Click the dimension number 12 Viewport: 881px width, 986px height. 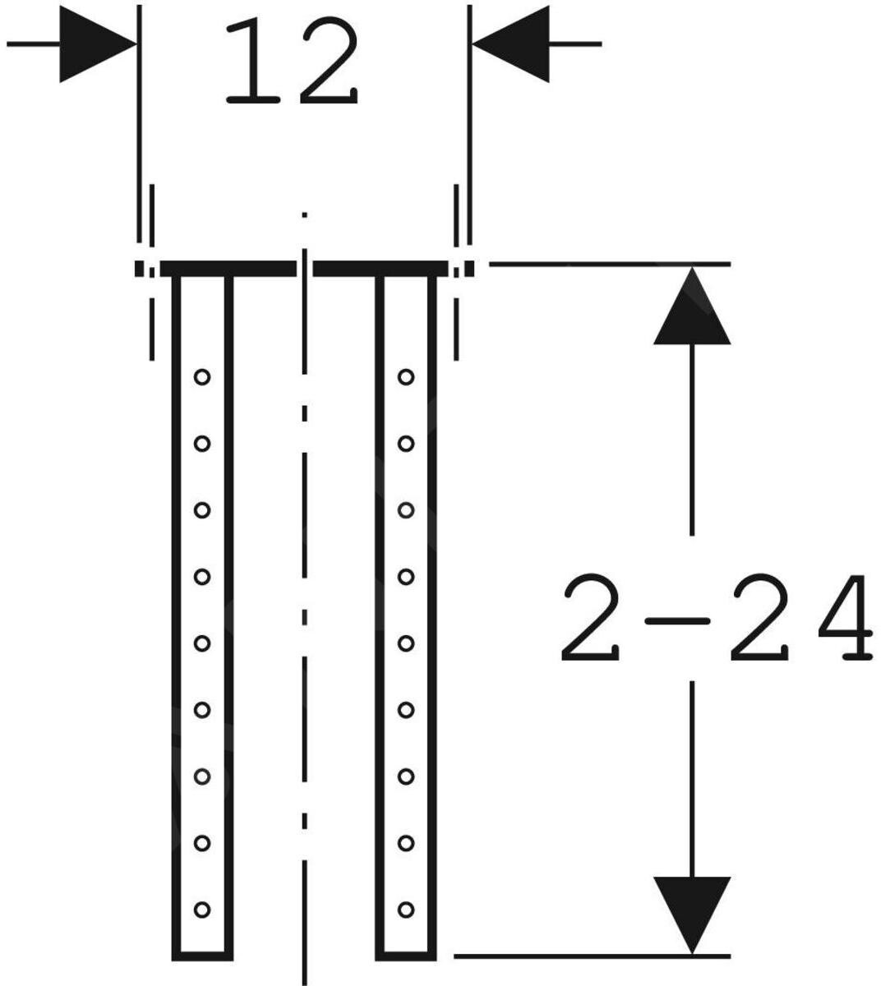point(292,64)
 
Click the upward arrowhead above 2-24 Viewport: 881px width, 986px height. point(692,307)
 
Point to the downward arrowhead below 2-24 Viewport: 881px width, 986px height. point(692,912)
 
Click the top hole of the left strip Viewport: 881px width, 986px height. point(202,377)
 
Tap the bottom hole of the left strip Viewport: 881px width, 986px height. point(202,910)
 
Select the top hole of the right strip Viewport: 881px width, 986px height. point(405,377)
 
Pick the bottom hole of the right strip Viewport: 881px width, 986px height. point(405,910)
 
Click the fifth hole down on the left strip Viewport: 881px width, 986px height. point(202,643)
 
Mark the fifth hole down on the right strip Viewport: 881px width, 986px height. point(405,643)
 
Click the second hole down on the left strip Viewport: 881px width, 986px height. point(202,444)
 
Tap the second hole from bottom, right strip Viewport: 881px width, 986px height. point(405,843)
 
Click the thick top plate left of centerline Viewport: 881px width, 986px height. point(228,269)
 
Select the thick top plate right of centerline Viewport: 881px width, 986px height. point(381,269)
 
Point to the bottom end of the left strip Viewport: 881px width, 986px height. point(202,956)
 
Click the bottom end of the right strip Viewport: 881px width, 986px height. point(405,956)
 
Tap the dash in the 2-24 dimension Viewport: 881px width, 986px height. point(676,621)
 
